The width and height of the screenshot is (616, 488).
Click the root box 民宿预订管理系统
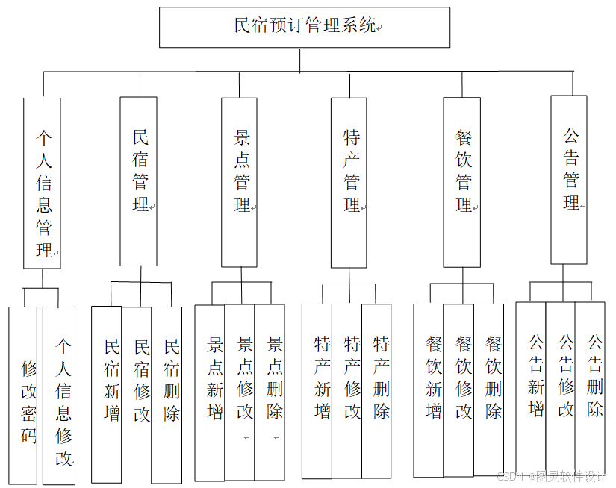point(305,27)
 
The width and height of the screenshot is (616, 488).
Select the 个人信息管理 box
point(43,183)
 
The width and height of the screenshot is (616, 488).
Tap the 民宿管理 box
point(139,181)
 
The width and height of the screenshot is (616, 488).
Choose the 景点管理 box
point(240,181)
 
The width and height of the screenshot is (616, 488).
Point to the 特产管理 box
point(349,181)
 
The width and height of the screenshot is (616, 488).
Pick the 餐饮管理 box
point(462,181)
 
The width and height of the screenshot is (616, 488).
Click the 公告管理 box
point(569,180)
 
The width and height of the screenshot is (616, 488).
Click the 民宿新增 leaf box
point(107,394)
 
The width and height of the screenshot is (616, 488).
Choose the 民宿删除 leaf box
point(167,394)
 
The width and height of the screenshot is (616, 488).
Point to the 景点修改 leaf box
point(240,392)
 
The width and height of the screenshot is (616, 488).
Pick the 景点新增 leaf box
point(210,392)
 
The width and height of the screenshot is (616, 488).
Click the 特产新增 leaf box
point(317,390)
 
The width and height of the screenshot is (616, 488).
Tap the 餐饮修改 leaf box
point(458,390)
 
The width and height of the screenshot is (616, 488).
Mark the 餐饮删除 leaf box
point(489,390)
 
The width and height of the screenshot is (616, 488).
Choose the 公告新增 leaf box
point(531,387)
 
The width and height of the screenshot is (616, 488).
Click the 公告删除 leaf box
point(591,387)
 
